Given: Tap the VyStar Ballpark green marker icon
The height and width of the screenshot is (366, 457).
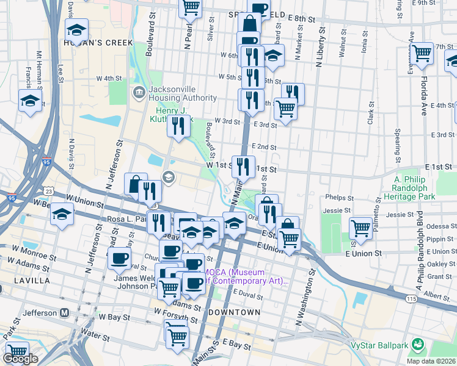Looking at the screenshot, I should tap(418, 345).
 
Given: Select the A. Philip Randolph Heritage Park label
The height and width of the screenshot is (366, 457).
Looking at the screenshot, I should tap(414, 188).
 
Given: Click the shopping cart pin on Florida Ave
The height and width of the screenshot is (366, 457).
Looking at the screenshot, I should tap(422, 54).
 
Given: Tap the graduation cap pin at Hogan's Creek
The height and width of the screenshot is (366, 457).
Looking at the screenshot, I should tap(77, 30).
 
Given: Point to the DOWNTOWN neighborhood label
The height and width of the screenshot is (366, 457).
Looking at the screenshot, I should tap(234, 312).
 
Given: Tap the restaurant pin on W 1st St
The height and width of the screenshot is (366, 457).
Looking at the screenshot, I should tap(244, 166).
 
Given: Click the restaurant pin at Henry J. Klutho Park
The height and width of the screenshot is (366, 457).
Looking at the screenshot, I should tap(178, 126).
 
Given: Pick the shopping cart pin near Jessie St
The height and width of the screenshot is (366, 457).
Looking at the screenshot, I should tap(360, 229).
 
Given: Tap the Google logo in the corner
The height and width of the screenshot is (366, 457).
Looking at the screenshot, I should tap(20, 359).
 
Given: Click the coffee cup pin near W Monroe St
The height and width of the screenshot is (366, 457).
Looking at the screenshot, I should tap(119, 257).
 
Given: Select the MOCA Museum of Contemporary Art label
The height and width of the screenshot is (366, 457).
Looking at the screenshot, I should tap(244, 276).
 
